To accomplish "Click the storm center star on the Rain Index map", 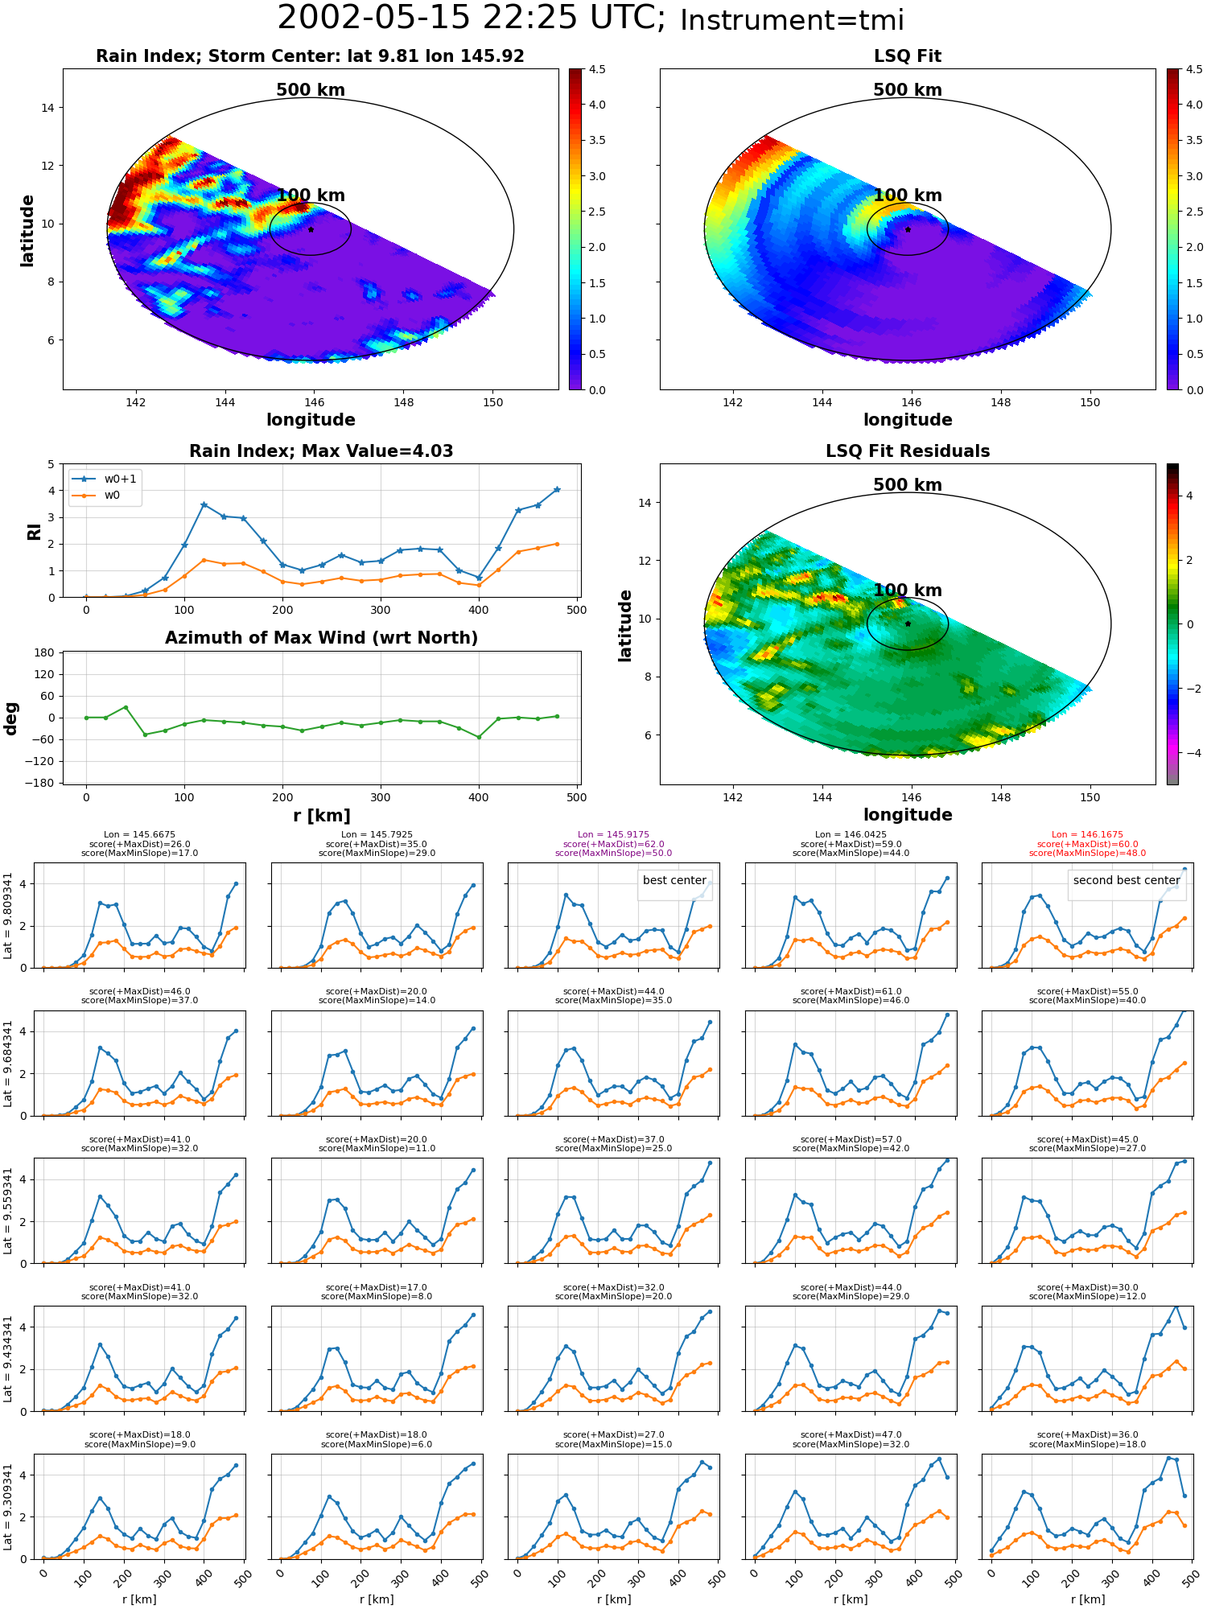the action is [311, 229].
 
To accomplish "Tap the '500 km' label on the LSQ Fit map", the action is [908, 90].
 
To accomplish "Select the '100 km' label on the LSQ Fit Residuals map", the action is [908, 591].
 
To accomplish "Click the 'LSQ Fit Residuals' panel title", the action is [908, 451].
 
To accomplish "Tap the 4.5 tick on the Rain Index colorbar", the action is [597, 69].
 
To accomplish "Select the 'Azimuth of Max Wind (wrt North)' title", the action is [321, 638].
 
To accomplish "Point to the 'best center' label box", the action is [674, 880].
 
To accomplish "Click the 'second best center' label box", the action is [1127, 880].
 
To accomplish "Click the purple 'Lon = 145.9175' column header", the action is [613, 835].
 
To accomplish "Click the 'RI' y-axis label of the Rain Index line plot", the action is [34, 532].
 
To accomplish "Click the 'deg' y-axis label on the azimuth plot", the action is [11, 718].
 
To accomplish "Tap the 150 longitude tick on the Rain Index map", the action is [492, 402].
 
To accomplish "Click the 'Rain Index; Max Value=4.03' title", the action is [321, 451].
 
